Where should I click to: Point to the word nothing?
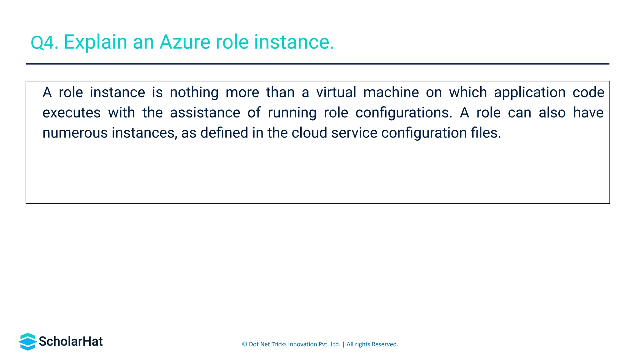[194, 93]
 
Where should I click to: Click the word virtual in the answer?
[336, 92]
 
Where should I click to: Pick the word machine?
[391, 92]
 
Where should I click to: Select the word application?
[530, 93]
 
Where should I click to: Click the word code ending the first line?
[588, 92]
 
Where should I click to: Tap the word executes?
[72, 113]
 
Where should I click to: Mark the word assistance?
[205, 113]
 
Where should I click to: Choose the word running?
[292, 113]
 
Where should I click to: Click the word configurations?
[404, 113]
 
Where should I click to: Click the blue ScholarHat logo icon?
[27, 342]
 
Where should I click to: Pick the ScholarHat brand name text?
[71, 342]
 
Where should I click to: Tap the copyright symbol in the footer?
[245, 344]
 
